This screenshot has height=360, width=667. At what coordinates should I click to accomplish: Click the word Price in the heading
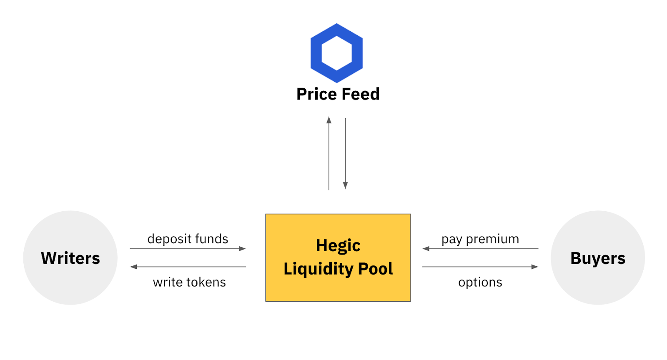(317, 95)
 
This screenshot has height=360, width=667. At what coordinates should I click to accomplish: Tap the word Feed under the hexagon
(361, 94)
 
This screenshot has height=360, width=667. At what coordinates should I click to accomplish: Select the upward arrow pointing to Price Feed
(329, 153)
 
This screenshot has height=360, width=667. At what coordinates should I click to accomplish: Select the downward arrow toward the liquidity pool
(346, 154)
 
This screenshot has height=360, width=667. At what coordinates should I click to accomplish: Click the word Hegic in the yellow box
(338, 246)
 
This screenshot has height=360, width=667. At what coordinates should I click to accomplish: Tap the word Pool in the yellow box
(375, 269)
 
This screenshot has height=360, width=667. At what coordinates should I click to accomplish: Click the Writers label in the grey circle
(70, 258)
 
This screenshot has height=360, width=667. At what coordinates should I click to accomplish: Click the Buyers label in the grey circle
(598, 258)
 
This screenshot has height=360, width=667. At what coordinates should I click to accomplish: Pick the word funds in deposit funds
(212, 239)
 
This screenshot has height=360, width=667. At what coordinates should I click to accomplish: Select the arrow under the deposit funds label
(188, 248)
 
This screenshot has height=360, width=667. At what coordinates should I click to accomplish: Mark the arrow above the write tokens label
(188, 267)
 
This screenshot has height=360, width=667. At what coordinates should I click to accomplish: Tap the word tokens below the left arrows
(206, 282)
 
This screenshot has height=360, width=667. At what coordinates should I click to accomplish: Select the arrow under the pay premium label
(480, 248)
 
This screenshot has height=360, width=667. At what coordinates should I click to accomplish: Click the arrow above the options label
(480, 267)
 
